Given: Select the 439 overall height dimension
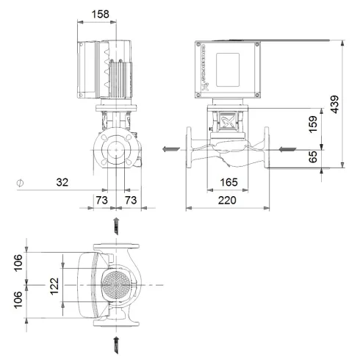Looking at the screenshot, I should [x=335, y=104].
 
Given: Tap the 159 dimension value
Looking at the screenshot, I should [x=313, y=123].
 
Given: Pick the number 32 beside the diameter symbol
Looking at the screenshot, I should [x=64, y=181].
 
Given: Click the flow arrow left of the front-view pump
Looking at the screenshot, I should [x=168, y=150].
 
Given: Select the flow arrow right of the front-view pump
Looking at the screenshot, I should [x=289, y=150].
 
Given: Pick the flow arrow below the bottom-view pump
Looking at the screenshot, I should [x=116, y=342].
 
